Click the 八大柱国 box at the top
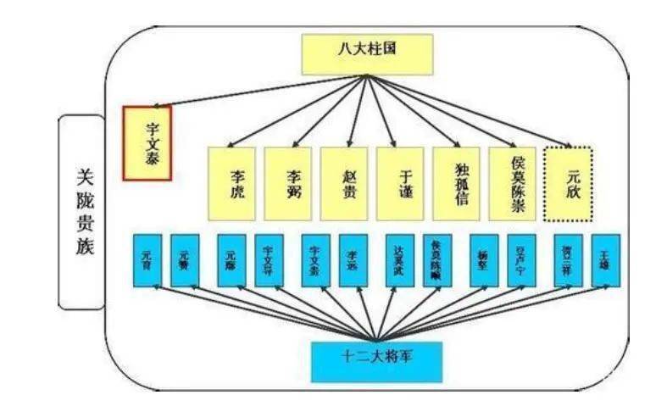click(366, 53)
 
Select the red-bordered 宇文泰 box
click(147, 143)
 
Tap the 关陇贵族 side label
click(82, 212)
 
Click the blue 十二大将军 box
click(376, 359)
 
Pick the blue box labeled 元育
click(147, 258)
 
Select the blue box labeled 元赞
click(186, 258)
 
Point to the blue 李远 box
click(353, 258)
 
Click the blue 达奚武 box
click(400, 258)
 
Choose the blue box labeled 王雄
click(606, 258)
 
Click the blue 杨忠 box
click(484, 258)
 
